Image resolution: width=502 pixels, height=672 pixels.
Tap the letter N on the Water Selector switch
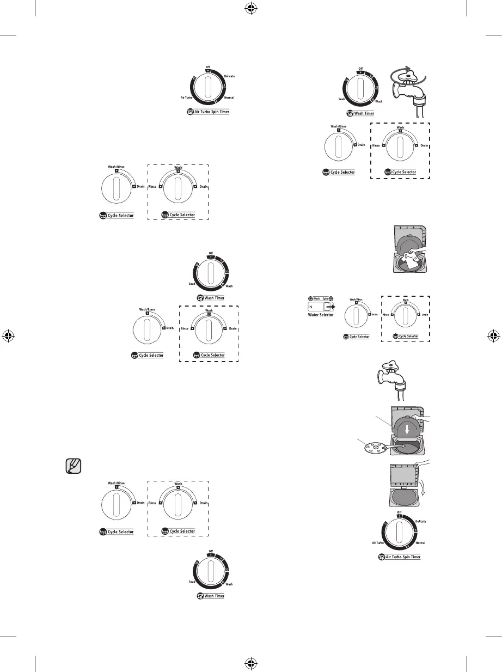coord(311,307)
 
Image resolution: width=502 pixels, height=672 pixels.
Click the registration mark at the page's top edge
coord(252,9)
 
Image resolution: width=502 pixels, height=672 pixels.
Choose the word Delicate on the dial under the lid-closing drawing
coord(420,521)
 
